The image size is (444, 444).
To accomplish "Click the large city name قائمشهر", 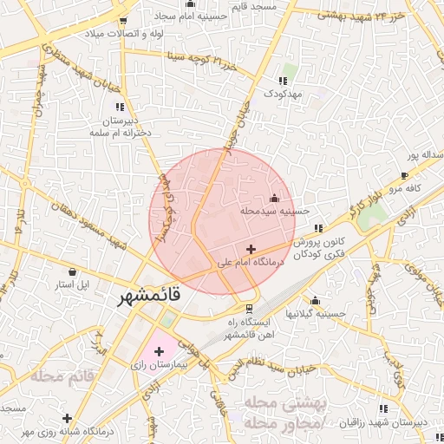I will point(149,296).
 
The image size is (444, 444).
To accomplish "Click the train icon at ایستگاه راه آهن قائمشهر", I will point(250,308).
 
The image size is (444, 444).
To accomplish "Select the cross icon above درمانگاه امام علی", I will point(251,249).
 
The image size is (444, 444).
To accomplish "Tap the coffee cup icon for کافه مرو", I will point(404,175).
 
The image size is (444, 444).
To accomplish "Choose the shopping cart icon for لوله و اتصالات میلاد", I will point(123,20).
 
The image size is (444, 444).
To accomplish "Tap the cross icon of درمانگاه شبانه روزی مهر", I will point(67,419).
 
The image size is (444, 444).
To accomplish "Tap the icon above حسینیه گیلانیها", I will point(315,300).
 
